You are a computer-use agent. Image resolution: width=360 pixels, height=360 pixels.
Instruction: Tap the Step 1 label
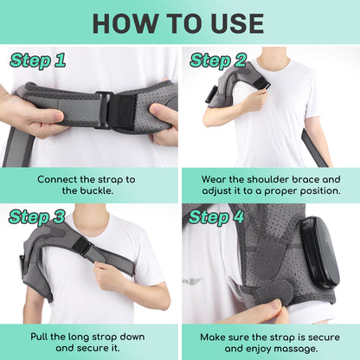[x=37, y=61]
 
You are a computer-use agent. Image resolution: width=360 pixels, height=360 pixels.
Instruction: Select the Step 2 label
[x=219, y=61]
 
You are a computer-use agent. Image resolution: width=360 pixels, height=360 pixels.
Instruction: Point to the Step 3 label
[x=37, y=217]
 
